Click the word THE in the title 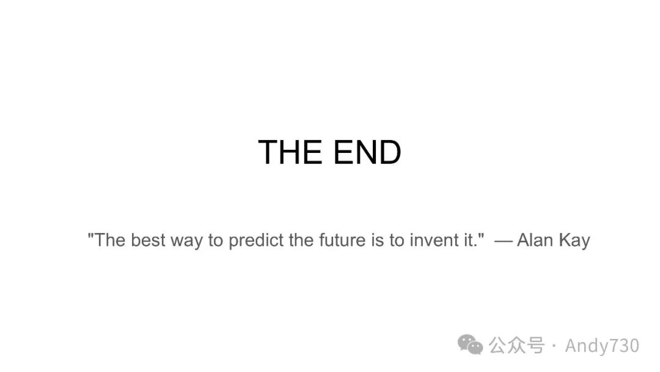(x=290, y=152)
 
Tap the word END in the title (x=367, y=152)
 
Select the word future (x=342, y=240)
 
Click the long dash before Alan (x=504, y=242)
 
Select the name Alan (x=535, y=240)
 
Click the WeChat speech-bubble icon (x=470, y=344)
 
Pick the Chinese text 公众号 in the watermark (x=516, y=346)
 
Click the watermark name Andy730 (x=602, y=346)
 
